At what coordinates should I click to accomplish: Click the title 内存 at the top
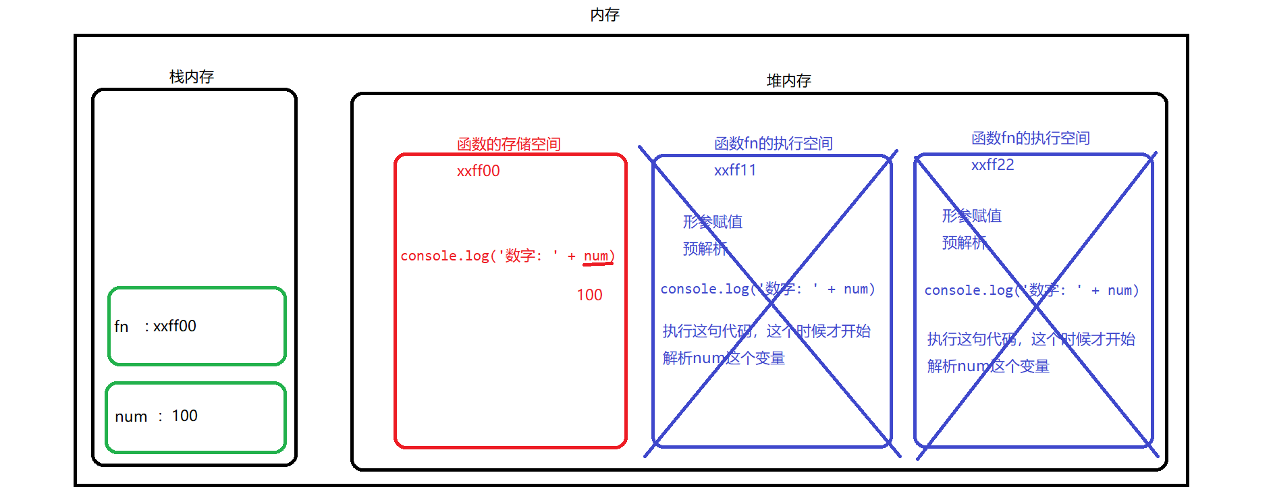pyautogui.click(x=604, y=15)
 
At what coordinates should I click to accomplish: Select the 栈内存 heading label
pyautogui.click(x=192, y=77)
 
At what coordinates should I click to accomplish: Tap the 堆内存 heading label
pyautogui.click(x=788, y=81)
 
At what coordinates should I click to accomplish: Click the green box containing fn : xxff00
pyautogui.click(x=197, y=327)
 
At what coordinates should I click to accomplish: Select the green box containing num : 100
pyautogui.click(x=196, y=417)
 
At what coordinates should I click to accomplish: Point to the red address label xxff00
pyautogui.click(x=478, y=171)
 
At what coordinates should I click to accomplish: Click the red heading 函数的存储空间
pyautogui.click(x=508, y=144)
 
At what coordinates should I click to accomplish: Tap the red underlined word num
pyautogui.click(x=596, y=256)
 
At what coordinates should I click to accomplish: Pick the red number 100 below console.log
pyautogui.click(x=589, y=295)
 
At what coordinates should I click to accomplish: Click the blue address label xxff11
pyautogui.click(x=735, y=170)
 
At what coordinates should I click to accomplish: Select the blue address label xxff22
pyautogui.click(x=992, y=165)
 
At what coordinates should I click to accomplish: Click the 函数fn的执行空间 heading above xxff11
pyautogui.click(x=773, y=143)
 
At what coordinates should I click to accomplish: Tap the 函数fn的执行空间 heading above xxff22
pyautogui.click(x=1030, y=138)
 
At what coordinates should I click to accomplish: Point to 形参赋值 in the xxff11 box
pyautogui.click(x=712, y=221)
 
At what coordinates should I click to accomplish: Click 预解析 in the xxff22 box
pyautogui.click(x=965, y=242)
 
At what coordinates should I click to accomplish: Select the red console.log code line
pyautogui.click(x=507, y=256)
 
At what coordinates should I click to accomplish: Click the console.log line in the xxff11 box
pyautogui.click(x=767, y=289)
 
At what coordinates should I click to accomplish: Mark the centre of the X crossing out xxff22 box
pyautogui.click(x=1036, y=306)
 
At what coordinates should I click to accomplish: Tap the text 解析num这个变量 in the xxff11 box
pyautogui.click(x=724, y=358)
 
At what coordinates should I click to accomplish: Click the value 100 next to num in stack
pyautogui.click(x=184, y=416)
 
